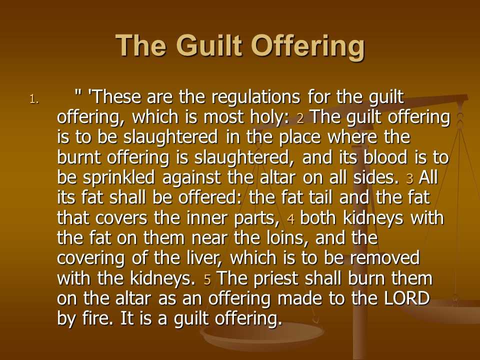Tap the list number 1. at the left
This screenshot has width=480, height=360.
click(34, 99)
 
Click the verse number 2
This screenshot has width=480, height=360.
click(300, 118)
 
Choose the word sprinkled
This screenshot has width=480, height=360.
click(119, 178)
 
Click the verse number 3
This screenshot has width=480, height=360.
click(409, 179)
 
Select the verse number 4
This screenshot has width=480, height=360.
click(291, 219)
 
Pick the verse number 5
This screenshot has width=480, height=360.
click(207, 280)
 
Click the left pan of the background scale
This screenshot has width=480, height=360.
click(262, 336)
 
